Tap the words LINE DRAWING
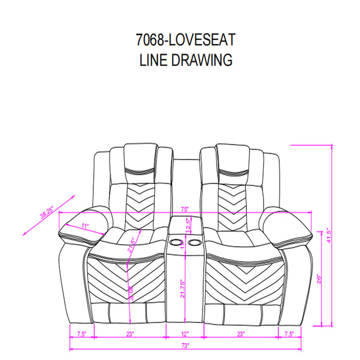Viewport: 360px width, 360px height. tap(186, 60)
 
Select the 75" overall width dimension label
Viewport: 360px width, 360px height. tap(185, 209)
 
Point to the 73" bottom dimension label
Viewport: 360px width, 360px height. tap(185, 345)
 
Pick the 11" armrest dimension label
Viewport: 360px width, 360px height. tap(85, 226)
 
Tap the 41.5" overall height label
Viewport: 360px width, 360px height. tap(327, 236)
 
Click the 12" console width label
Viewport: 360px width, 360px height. tap(185, 334)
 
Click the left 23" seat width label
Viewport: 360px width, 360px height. tap(130, 334)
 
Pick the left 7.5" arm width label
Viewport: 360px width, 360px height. tap(81, 334)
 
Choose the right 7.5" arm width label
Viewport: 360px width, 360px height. tap(290, 334)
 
